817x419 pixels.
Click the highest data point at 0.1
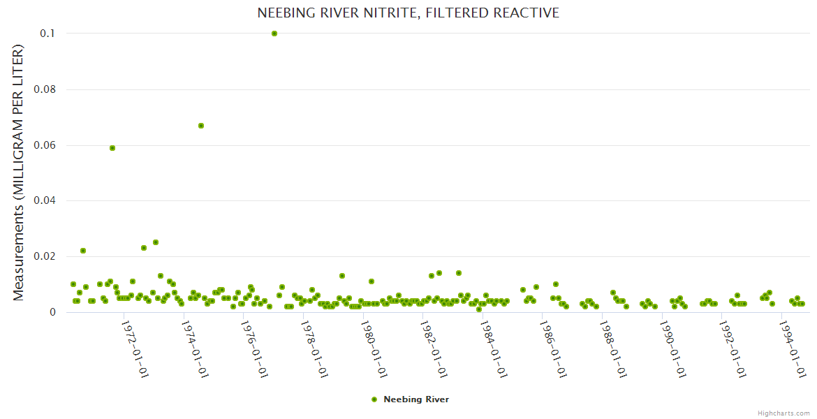274,34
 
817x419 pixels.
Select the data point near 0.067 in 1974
201,126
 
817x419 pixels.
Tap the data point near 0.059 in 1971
112,148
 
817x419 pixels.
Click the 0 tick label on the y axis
52,312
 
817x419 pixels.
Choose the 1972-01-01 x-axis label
135,348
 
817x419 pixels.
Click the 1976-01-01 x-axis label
255,348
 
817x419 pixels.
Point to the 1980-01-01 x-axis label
374,348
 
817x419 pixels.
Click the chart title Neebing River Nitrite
408,13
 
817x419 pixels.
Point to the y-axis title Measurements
19,172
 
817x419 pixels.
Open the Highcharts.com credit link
783,413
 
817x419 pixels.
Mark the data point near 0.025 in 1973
156,242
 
